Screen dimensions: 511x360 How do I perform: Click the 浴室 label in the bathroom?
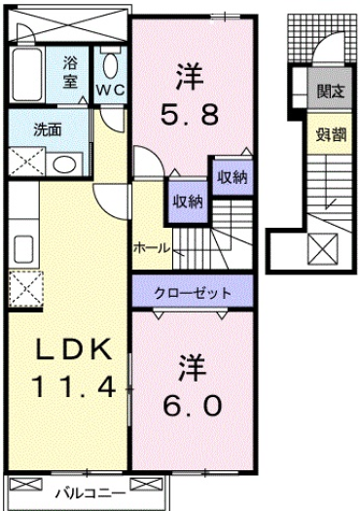click(70, 73)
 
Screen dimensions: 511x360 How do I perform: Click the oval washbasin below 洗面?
click(63, 164)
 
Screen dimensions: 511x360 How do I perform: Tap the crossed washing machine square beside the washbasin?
click(24, 160)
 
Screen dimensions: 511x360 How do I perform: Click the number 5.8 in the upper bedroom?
click(189, 115)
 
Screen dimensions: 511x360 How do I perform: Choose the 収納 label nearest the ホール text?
click(186, 201)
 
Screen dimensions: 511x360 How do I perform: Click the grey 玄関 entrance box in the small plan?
click(330, 93)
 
